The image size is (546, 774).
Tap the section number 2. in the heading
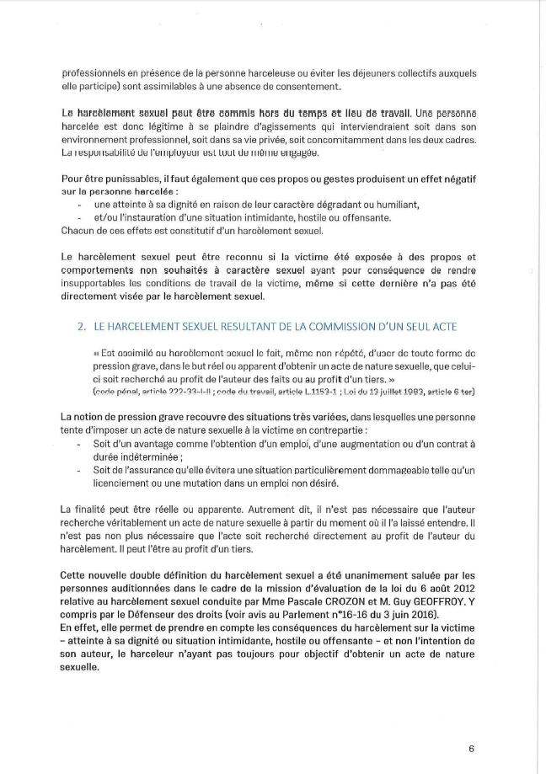click(x=82, y=320)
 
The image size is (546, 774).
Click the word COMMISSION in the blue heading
click(x=340, y=320)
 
